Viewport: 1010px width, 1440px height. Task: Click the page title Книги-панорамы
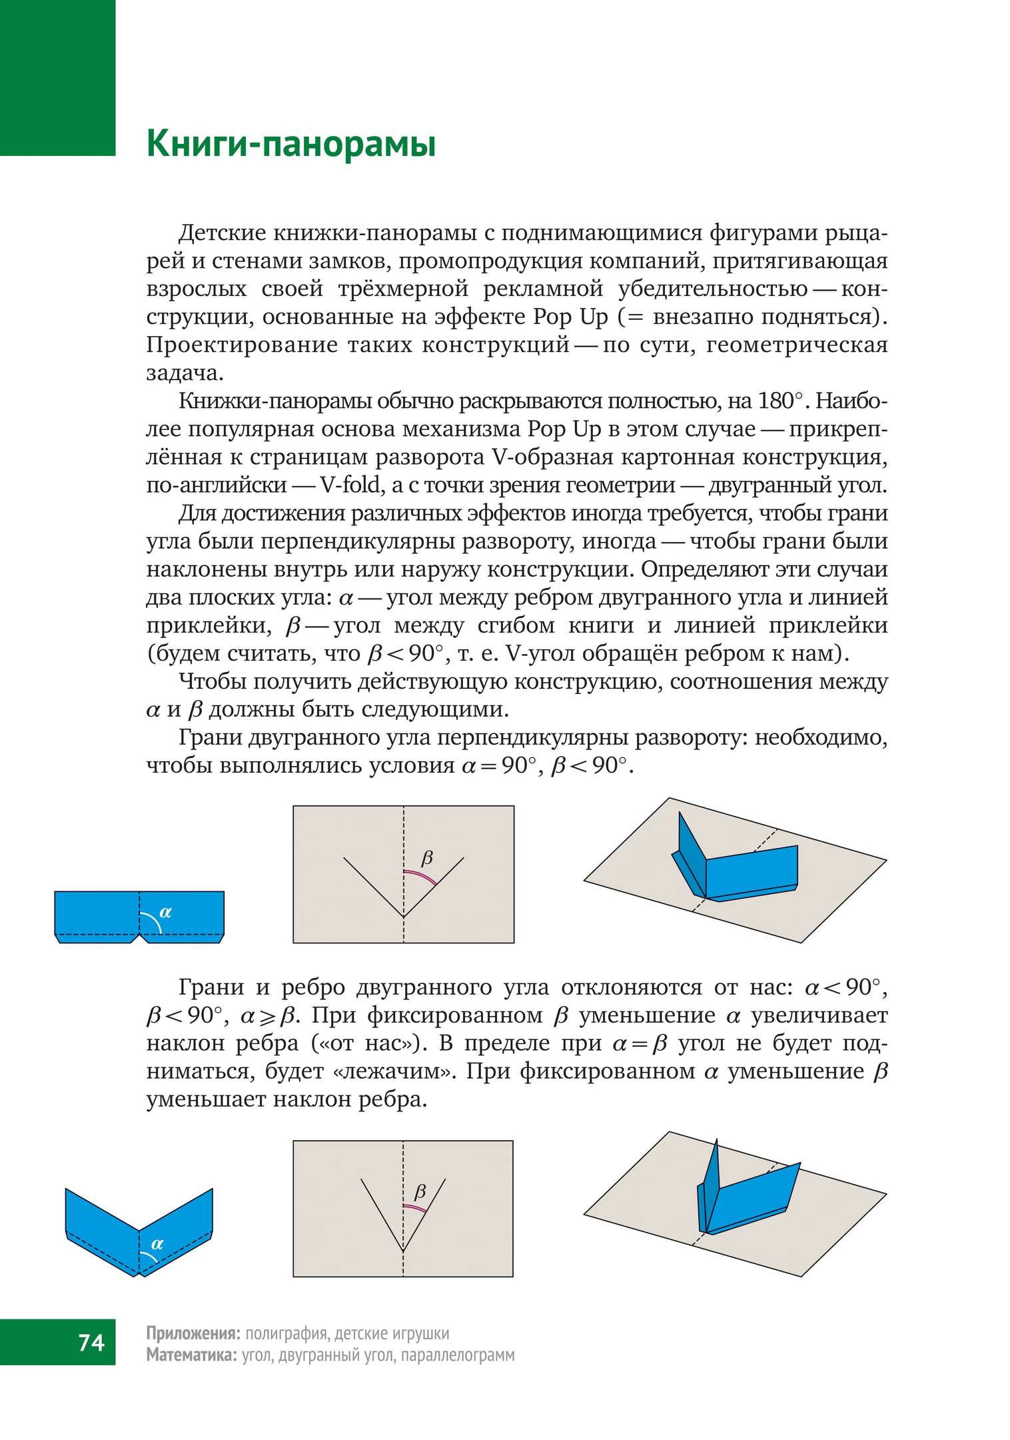point(291,143)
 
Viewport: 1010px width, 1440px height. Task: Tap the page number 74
point(91,1341)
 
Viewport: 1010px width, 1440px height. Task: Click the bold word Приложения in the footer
point(193,1333)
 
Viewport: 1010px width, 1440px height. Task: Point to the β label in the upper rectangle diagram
point(427,857)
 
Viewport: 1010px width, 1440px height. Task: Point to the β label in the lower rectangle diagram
point(420,1191)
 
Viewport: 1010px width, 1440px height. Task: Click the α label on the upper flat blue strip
point(166,912)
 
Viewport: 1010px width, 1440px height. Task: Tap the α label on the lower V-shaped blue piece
point(157,1243)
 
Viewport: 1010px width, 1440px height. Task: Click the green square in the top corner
point(57,77)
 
